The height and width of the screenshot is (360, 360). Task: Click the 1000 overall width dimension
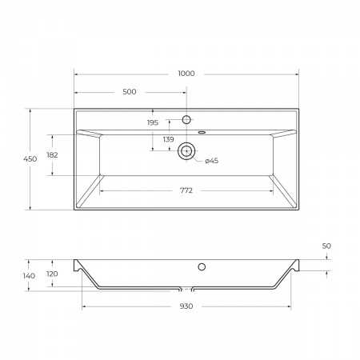[x=186, y=74]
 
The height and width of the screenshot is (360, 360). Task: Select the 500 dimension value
[x=130, y=92]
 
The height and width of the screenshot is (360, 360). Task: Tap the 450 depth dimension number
[x=30, y=160]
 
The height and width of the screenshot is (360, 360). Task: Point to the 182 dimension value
[x=53, y=155]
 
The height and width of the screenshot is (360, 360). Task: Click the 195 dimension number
[x=153, y=122]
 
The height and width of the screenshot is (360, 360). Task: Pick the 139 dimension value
[x=168, y=140]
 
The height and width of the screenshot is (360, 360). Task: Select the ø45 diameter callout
[x=211, y=161]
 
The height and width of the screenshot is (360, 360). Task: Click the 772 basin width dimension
[x=186, y=191]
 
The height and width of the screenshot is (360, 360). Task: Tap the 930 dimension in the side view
[x=186, y=306]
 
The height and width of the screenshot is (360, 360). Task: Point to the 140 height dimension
[x=29, y=276]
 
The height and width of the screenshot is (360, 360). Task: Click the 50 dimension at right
[x=326, y=246]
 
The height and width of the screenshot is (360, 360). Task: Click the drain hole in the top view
[x=187, y=150]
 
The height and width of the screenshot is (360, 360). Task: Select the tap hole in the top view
[x=186, y=120]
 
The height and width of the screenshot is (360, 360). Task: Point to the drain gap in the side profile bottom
[x=186, y=288]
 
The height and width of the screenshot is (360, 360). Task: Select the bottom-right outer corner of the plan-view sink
[x=298, y=210]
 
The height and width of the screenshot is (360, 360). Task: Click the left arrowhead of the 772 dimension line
[x=101, y=191]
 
